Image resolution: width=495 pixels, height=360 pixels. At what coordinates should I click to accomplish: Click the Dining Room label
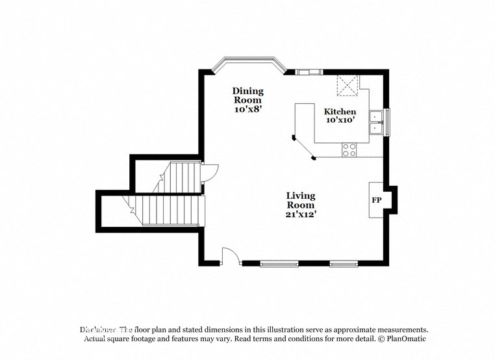point(247,96)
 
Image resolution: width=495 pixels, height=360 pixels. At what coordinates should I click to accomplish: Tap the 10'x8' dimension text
point(247,110)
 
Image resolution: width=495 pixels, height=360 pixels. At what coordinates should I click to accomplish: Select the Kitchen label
point(340,112)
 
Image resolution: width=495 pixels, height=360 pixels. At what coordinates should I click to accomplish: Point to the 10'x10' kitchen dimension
point(340,120)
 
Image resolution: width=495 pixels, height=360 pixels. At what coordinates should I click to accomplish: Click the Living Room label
point(301,200)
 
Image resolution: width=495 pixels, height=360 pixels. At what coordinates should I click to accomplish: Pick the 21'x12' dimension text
point(301,214)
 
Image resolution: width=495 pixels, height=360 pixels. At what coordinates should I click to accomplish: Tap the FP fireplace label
point(376,200)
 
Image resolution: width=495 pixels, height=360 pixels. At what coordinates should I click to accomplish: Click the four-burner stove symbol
point(349,149)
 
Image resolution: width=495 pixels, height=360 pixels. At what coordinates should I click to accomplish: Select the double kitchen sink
point(376,122)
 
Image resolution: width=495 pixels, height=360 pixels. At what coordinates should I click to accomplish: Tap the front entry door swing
point(231,256)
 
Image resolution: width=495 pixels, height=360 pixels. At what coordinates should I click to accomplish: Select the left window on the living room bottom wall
point(279,264)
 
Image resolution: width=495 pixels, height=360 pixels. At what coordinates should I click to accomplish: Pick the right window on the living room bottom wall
point(344,264)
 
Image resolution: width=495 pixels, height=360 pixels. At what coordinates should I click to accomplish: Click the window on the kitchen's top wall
point(308,71)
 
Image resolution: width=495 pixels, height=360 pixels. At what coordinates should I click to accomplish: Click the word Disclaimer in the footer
point(98,329)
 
